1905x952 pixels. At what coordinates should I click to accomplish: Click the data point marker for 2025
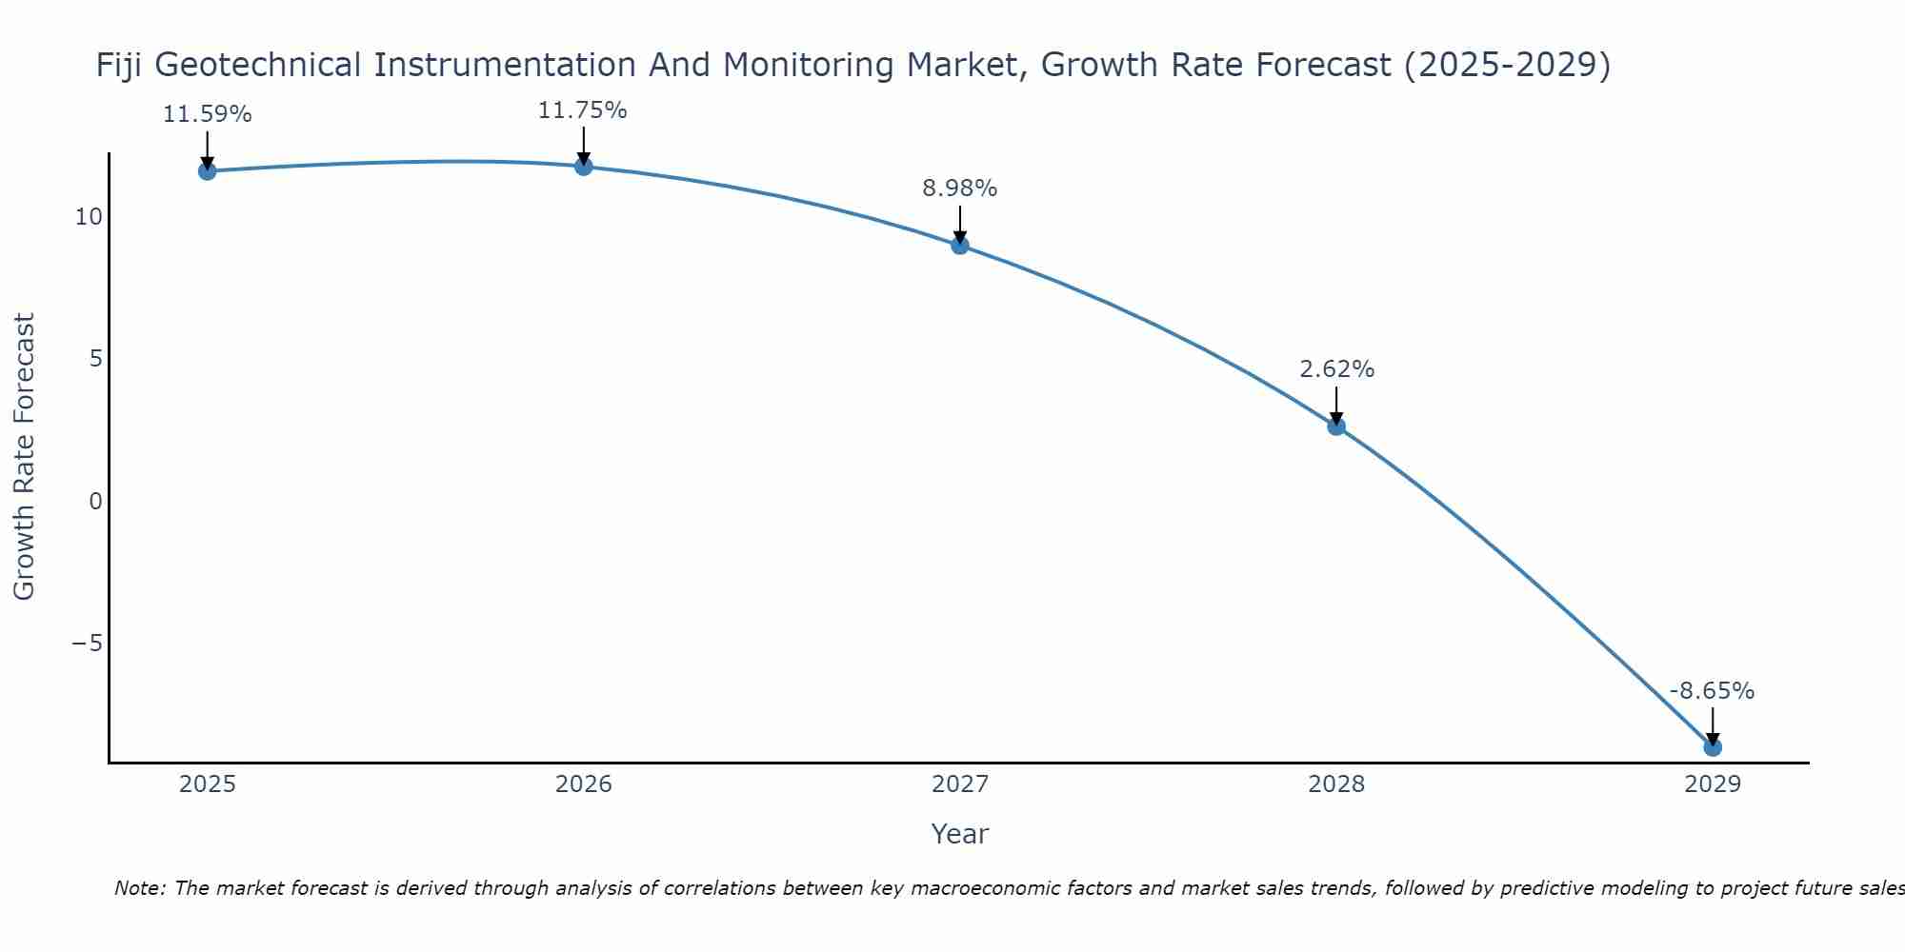(x=207, y=171)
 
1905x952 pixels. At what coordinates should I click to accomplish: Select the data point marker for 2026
(x=584, y=167)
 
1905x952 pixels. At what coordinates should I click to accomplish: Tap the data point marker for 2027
(x=960, y=246)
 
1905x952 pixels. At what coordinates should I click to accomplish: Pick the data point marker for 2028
(x=1336, y=426)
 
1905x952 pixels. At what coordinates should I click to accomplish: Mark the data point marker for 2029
(x=1713, y=747)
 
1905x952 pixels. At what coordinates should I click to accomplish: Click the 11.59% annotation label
(x=207, y=115)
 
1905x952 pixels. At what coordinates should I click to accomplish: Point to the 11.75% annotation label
(x=583, y=110)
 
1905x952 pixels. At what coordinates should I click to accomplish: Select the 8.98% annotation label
(x=959, y=188)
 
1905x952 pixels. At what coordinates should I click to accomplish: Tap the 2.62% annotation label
(x=1336, y=369)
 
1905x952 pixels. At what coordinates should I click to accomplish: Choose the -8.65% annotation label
(x=1712, y=691)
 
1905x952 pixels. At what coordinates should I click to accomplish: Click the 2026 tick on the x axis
(x=584, y=784)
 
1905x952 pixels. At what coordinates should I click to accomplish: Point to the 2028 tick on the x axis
(x=1336, y=784)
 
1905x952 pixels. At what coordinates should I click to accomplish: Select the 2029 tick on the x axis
(x=1713, y=784)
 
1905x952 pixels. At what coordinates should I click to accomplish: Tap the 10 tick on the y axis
(x=89, y=217)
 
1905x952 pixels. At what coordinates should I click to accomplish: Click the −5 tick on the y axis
(x=87, y=644)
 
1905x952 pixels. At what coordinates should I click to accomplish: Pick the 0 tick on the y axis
(x=95, y=502)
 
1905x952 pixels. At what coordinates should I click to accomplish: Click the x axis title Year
(x=959, y=834)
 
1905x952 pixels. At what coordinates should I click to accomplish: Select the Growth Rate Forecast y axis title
(x=25, y=456)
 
